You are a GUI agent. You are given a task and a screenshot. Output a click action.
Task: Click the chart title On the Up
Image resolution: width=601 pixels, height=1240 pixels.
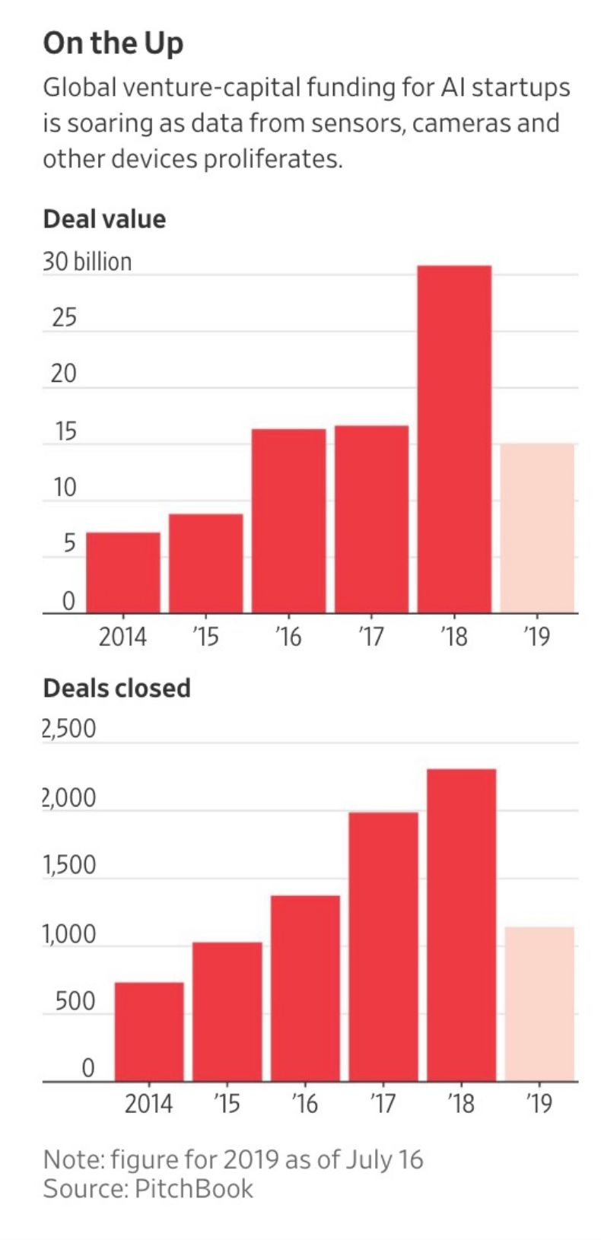point(113,43)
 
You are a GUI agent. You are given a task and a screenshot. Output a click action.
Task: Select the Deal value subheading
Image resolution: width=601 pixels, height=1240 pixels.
point(104,219)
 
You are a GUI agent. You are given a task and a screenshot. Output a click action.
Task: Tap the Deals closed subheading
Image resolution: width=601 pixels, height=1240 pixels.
point(116,688)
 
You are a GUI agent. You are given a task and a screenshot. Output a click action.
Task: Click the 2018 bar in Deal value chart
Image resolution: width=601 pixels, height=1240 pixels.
point(454,439)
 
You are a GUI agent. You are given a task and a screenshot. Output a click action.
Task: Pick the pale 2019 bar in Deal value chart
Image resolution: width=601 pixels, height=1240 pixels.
point(537,528)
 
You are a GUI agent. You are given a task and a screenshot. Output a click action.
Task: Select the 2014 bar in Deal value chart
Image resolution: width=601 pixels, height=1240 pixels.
point(123,572)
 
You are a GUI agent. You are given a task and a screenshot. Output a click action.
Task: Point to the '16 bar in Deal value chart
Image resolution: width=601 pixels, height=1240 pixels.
point(289,520)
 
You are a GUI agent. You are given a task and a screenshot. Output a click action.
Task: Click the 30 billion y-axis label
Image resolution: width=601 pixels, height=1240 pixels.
point(87,262)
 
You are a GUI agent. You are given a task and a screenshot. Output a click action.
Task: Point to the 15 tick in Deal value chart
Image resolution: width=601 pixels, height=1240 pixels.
point(65,432)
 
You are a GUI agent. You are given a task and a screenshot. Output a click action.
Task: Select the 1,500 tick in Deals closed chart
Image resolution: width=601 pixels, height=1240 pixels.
point(68,865)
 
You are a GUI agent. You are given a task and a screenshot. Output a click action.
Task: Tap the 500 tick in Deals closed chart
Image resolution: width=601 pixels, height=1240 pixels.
point(75,1001)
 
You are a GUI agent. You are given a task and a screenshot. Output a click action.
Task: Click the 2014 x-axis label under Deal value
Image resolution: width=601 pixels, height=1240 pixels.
point(122,636)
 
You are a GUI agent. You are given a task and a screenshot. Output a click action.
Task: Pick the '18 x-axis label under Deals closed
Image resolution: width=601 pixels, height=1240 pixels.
point(461,1103)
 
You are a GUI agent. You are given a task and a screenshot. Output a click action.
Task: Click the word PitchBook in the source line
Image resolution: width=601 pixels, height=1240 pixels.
point(194,1188)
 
